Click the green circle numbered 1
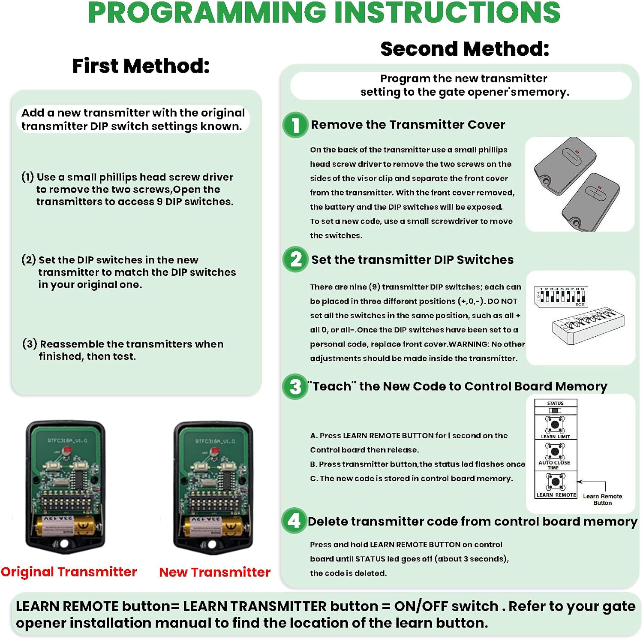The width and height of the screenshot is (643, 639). pos(295,125)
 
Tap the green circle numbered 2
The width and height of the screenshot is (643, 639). pos(295,259)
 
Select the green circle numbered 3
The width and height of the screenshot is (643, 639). pos(295,386)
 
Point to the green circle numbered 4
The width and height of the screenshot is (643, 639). pos(294,521)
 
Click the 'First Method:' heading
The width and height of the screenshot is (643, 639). pos(141,66)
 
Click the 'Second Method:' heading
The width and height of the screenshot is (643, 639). pos(465,49)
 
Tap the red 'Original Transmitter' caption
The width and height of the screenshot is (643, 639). pos(69,572)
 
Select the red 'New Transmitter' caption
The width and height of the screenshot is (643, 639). pos(215,572)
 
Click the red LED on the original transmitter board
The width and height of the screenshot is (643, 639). pos(67,450)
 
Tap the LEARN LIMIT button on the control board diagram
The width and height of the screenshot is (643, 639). pos(555,425)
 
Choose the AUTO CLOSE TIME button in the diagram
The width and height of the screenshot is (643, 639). pos(555,451)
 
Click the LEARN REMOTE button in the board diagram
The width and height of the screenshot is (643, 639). pos(556,482)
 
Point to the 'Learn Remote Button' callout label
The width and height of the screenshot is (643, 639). pos(602,499)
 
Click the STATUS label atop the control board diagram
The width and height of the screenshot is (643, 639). pos(555,404)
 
